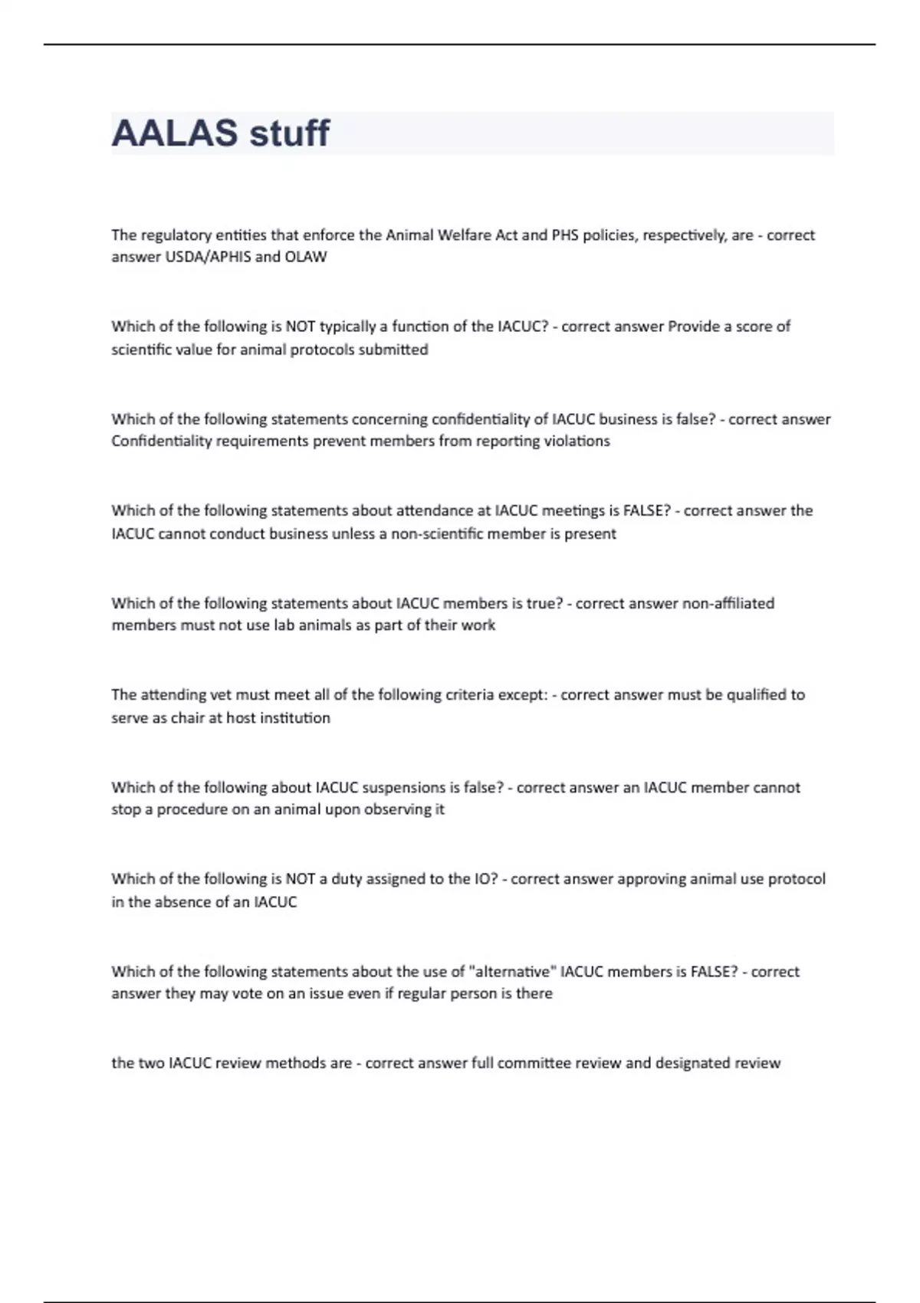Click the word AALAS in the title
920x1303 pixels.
pyautogui.click(x=174, y=133)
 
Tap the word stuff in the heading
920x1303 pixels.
pyautogui.click(x=289, y=133)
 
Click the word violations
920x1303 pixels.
pyautogui.click(x=577, y=441)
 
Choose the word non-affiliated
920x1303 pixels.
pyautogui.click(x=728, y=603)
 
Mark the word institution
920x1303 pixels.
pyautogui.click(x=295, y=718)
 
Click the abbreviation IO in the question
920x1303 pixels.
pyautogui.click(x=485, y=879)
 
